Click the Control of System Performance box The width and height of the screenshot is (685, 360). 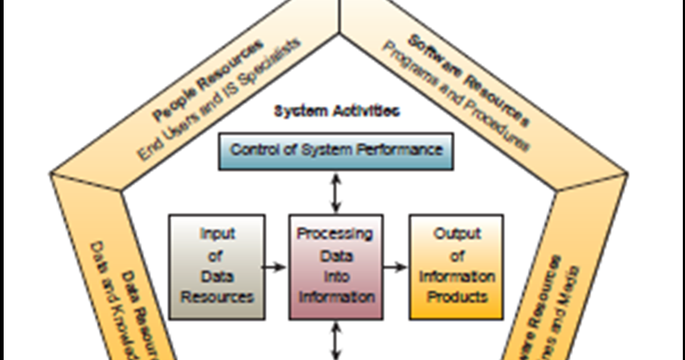tap(336, 151)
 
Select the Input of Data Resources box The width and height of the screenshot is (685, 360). tap(217, 266)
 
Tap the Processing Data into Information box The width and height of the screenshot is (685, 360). tap(336, 266)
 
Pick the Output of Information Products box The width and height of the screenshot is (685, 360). tap(457, 266)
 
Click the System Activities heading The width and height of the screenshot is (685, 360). tap(336, 111)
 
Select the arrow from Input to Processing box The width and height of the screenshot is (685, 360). tap(275, 267)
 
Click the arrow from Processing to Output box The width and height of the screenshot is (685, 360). tap(395, 267)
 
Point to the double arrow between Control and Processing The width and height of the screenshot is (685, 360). tap(335, 192)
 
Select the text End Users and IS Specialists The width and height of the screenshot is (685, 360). tap(218, 98)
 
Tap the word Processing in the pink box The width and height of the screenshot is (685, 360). tap(335, 234)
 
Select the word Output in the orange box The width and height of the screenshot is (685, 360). tap(457, 234)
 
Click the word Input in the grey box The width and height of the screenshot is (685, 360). tap(217, 234)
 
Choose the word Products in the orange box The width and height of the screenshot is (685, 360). tap(457, 297)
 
